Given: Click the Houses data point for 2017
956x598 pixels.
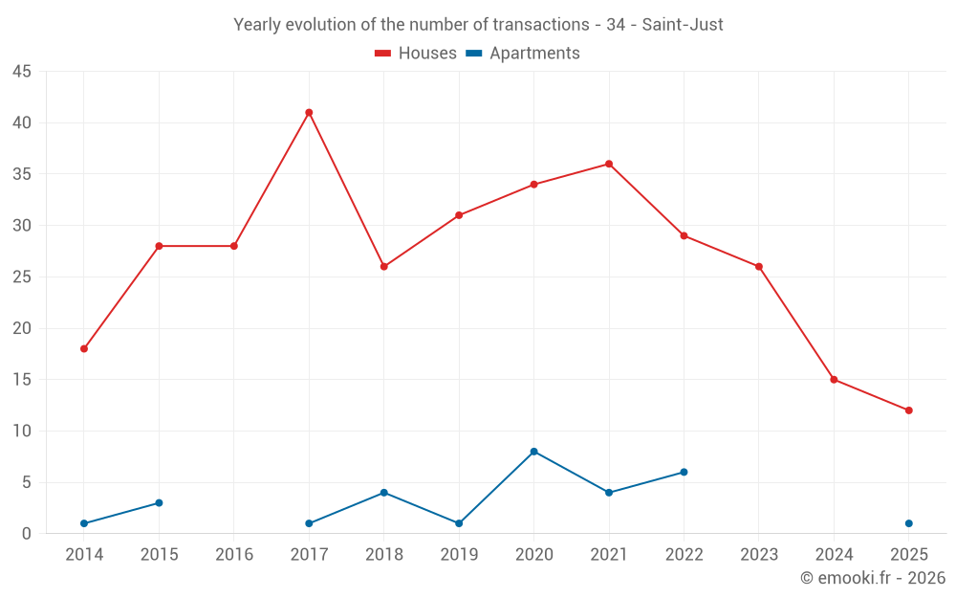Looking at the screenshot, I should coord(309,113).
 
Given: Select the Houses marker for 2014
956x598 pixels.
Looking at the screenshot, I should coord(84,349).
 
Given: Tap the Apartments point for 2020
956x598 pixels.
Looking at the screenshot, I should coord(533,452).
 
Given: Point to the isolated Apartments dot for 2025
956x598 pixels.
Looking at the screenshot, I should coord(909,523).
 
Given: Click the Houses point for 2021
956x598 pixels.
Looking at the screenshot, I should coord(609,164).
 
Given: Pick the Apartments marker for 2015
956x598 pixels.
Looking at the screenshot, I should coord(159,503).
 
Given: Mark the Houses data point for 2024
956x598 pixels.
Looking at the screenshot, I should coord(834,380).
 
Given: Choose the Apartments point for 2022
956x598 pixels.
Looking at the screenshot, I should coord(684,472).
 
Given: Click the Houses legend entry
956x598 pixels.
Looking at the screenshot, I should coord(415,54).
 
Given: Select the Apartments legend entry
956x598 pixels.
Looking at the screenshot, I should coord(523,54).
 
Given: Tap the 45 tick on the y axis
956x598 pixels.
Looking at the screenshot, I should coord(21,72).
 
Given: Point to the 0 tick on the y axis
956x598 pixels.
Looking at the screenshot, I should coord(27,534).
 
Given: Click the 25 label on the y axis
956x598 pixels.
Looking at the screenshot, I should coord(21,277).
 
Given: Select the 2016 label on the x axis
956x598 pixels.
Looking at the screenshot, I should coord(234,555).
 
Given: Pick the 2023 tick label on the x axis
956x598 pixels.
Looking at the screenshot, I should coord(759,555).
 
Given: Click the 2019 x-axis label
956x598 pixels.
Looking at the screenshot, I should coord(459,555).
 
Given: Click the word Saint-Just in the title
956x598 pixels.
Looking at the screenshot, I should coord(683,25).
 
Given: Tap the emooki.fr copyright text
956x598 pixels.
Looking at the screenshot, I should coord(873,578).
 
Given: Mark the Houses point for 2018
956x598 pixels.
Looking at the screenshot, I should coord(383,267).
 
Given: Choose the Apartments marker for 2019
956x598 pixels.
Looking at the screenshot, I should coord(459,523).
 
